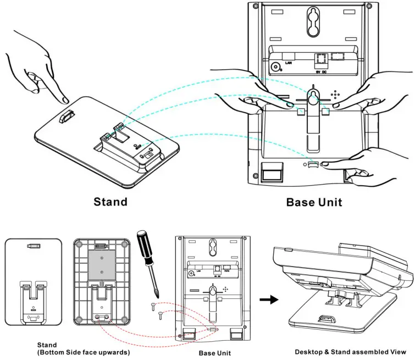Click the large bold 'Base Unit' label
pos(314,202)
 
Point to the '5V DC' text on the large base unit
pos(319,71)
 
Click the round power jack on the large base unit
pos(275,67)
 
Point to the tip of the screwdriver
pos(158,295)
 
